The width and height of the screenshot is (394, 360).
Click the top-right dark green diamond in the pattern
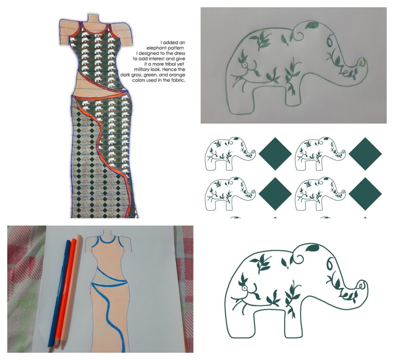click(365, 154)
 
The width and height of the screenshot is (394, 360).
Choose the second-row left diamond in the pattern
click(275, 194)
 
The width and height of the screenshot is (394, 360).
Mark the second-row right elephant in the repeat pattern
click(320, 194)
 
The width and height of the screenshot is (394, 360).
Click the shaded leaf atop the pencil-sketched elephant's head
click(312, 25)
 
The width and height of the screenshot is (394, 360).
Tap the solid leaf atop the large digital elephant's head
click(312, 248)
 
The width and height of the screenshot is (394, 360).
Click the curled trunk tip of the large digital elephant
click(362, 286)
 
